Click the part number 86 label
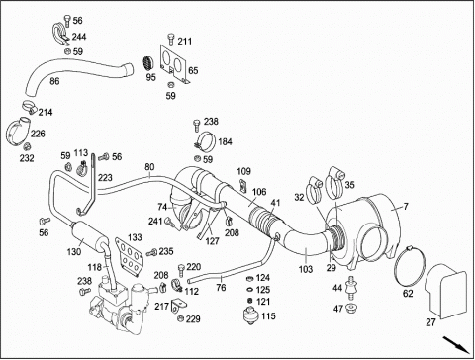[54, 81]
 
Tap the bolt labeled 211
[171, 40]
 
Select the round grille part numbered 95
[148, 63]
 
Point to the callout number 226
[38, 134]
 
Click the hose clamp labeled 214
[29, 107]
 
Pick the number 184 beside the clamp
[225, 142]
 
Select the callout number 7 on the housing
[406, 207]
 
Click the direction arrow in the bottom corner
[455, 344]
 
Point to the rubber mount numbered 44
[351, 289]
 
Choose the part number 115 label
[268, 316]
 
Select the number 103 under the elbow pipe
[306, 269]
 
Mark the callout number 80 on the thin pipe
[149, 167]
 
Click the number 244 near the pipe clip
[79, 36]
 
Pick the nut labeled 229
[180, 318]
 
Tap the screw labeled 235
[151, 253]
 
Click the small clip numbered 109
[242, 185]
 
